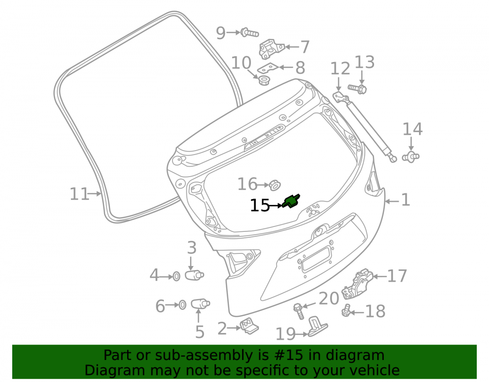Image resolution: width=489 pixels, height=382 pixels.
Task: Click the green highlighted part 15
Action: pyautogui.click(x=291, y=201)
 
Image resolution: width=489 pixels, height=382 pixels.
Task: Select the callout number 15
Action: pyautogui.click(x=260, y=205)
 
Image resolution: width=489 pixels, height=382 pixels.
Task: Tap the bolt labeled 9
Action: pyautogui.click(x=249, y=32)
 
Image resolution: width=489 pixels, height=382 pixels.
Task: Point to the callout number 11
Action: pyautogui.click(x=79, y=194)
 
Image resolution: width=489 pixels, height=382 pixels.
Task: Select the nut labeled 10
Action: pyautogui.click(x=265, y=80)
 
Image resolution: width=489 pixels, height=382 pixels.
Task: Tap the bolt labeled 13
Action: pyautogui.click(x=357, y=89)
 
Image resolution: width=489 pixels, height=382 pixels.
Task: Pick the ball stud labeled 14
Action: pyautogui.click(x=411, y=157)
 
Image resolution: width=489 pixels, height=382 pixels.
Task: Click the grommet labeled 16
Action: pyautogui.click(x=274, y=185)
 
